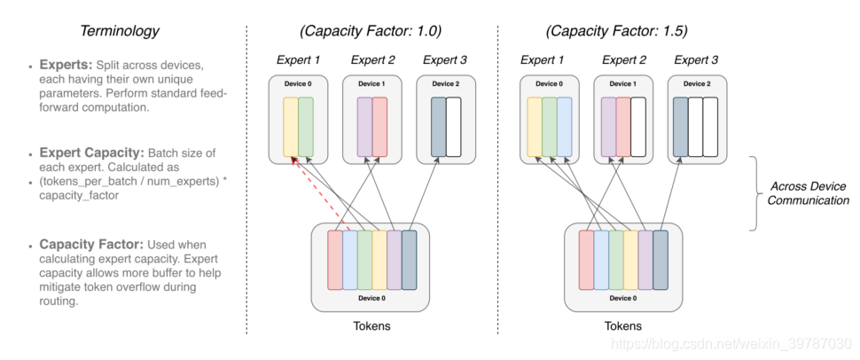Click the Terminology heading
coord(120,31)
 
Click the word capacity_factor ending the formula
coord(79,195)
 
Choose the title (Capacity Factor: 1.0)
coord(371,31)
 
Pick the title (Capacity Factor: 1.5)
coord(616,31)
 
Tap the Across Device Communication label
coord(808,193)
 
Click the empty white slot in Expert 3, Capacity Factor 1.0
coord(454,127)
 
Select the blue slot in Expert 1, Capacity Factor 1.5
coord(565,127)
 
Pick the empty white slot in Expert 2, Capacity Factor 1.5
coord(637,127)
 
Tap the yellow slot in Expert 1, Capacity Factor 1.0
coord(291,127)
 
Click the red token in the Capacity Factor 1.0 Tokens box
coord(335,260)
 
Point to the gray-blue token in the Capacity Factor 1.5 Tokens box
coord(661,260)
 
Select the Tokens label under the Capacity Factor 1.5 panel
coord(623,326)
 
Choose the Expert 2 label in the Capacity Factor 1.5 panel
coord(624,59)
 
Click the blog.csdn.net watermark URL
coord(731,345)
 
